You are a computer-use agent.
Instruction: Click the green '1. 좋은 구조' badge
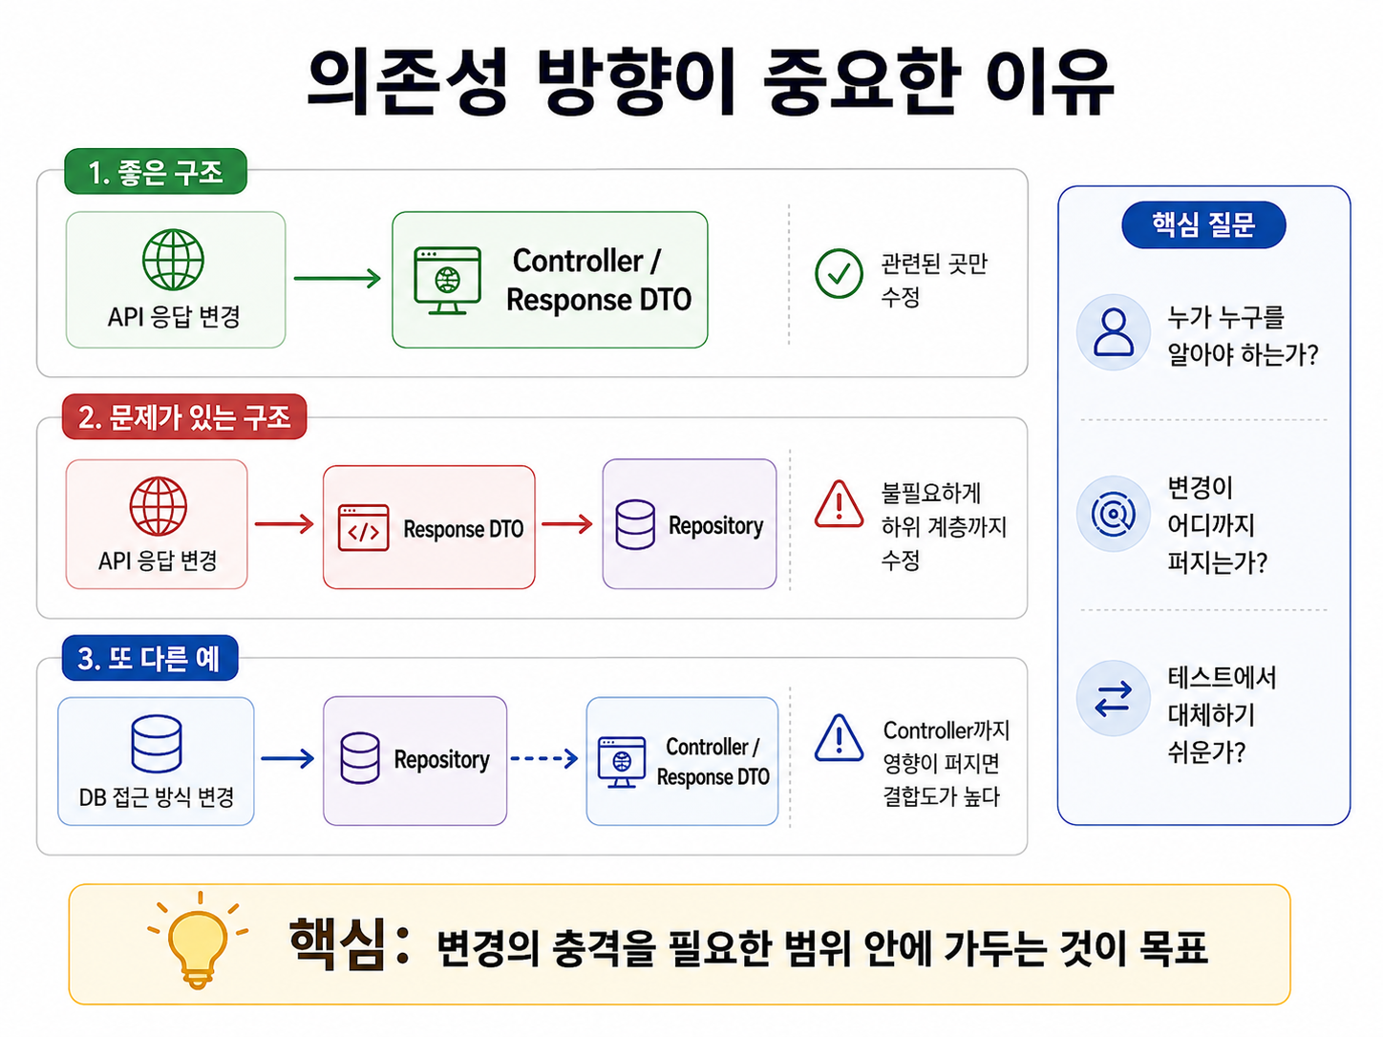(x=156, y=171)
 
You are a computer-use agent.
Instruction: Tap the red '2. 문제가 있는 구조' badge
(x=184, y=417)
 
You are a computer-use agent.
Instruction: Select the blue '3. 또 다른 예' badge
(x=150, y=658)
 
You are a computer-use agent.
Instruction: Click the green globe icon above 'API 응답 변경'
(x=173, y=260)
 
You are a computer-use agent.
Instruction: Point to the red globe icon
(x=159, y=506)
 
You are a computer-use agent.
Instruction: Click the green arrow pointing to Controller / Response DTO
(x=337, y=278)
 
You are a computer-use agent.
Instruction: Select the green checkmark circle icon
(x=839, y=273)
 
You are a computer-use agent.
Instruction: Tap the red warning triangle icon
(x=839, y=505)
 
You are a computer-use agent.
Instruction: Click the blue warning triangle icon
(x=839, y=738)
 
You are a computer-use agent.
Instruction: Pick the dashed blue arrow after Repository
(x=543, y=758)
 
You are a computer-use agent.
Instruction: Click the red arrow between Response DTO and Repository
(x=567, y=524)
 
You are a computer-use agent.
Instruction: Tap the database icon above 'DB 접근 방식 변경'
(x=157, y=744)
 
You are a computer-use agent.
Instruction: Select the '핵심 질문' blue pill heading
(x=1203, y=224)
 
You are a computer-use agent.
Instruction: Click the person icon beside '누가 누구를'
(x=1114, y=331)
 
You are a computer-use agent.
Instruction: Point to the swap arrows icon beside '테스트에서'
(x=1114, y=698)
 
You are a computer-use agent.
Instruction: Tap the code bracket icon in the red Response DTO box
(x=363, y=528)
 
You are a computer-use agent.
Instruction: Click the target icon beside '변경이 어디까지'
(x=1114, y=514)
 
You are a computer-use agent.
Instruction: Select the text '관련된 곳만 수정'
(x=934, y=280)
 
